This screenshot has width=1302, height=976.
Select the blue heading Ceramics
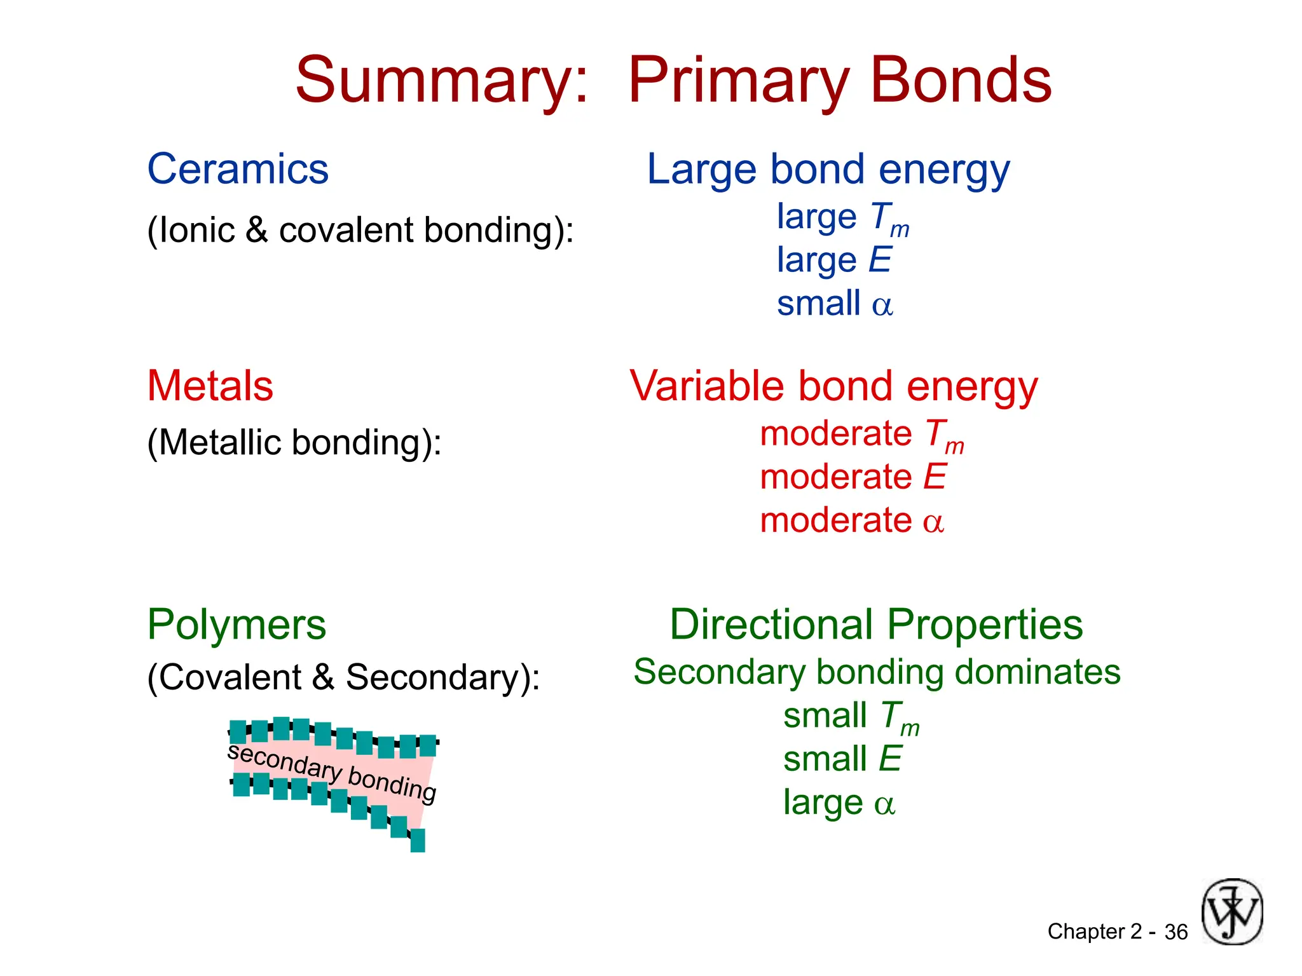tap(238, 170)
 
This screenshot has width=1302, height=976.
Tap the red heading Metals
tap(210, 386)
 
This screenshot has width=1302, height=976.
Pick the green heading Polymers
tap(236, 625)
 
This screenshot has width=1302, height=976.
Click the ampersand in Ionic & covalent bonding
tap(256, 229)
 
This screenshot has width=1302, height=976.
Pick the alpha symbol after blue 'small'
tap(882, 306)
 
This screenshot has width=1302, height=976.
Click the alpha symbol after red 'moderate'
tap(933, 522)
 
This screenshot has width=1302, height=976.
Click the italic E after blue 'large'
tap(880, 260)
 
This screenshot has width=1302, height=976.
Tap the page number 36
tap(1175, 932)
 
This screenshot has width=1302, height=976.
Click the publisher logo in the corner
tap(1231, 912)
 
